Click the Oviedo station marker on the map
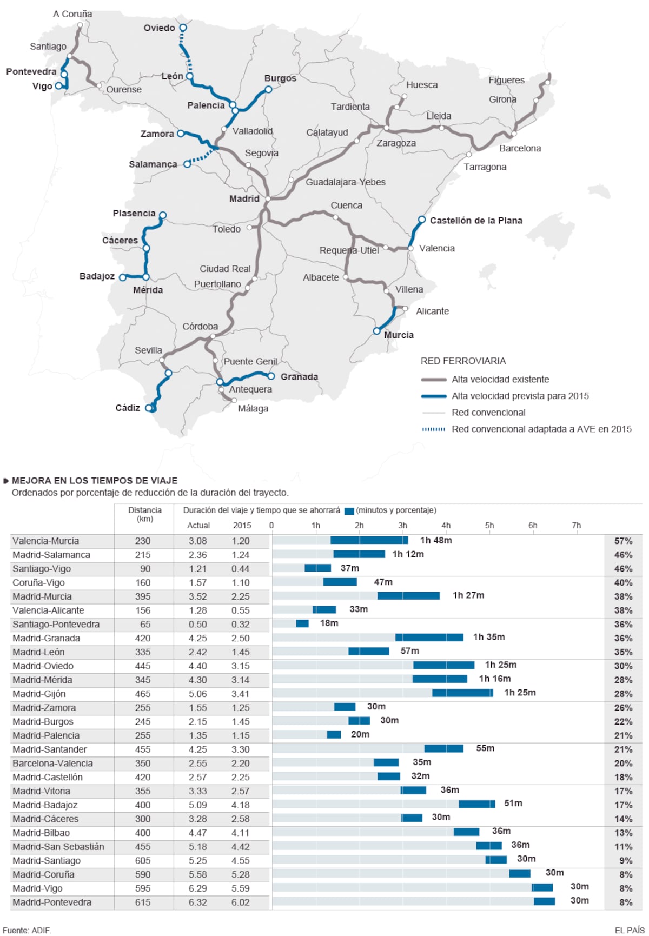point(183,28)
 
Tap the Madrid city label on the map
point(244,199)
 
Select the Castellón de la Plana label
point(475,221)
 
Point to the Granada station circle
point(271,376)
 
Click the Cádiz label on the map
point(128,408)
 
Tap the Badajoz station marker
point(123,277)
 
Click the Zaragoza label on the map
point(396,143)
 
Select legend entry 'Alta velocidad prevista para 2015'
point(520,396)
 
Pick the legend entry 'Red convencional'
point(488,413)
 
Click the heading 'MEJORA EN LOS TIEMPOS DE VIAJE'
point(95,481)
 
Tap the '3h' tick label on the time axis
point(402,526)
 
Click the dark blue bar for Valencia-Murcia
point(369,540)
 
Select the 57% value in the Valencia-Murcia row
point(623,541)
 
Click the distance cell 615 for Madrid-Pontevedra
point(143,902)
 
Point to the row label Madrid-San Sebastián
point(58,847)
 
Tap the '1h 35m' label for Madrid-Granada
point(489,637)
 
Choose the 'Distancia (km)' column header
point(144,514)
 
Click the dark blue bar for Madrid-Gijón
point(462,693)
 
